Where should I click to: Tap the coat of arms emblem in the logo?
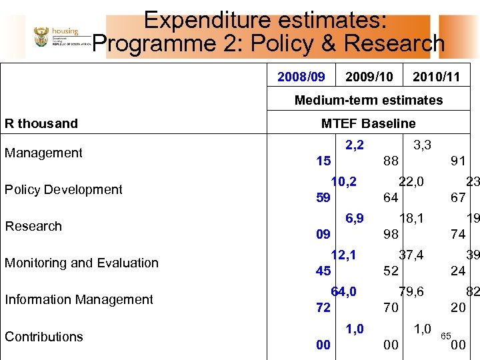coord(41,37)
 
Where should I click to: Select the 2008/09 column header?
coord(301,77)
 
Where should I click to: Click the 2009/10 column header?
coord(369,77)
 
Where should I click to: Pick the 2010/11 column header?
coord(436,77)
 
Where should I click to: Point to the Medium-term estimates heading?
coord(368,100)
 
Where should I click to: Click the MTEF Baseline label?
coord(368,123)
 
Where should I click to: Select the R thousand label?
coord(41,123)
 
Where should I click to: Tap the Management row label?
coord(43,153)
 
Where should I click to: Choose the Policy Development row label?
coord(63,189)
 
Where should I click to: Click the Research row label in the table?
coord(33,226)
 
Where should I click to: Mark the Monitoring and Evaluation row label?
coord(81,263)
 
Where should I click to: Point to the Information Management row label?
coord(79,299)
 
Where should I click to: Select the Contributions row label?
coord(44,337)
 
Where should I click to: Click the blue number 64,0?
coord(343,291)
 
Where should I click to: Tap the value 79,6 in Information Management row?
coord(411,291)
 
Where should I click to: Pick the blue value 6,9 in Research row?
coord(354,218)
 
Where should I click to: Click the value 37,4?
coord(411,255)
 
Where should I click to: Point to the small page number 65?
coord(446,335)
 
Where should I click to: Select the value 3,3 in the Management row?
coord(422,145)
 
